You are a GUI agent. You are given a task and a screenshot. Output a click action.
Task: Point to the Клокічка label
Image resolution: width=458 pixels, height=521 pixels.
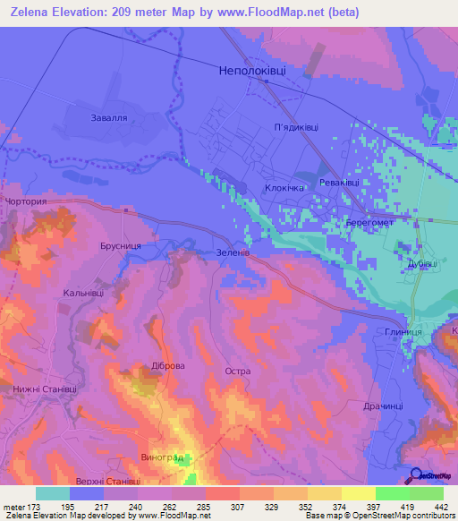(285, 188)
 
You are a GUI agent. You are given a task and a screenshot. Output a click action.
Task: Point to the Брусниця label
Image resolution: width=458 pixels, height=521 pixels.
(118, 243)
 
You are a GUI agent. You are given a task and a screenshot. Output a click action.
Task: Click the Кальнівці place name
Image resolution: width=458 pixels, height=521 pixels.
(83, 293)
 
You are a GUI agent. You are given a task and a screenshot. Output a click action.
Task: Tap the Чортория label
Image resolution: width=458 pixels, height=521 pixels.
(24, 202)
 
